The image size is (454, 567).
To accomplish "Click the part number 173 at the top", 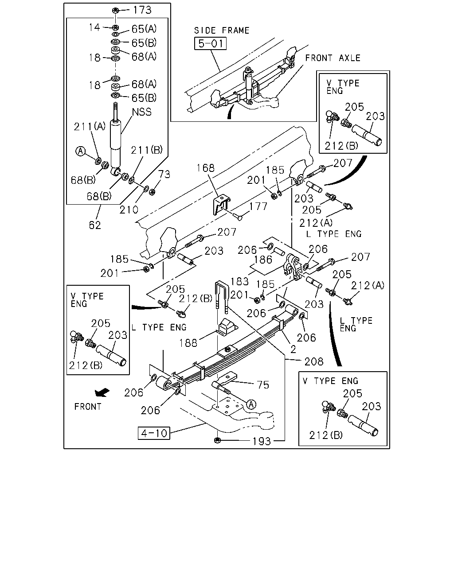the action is click(142, 10).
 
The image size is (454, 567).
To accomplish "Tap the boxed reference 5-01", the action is click(210, 43).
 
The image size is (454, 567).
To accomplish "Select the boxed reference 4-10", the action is click(154, 433).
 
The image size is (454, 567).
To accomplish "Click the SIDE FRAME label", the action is click(222, 31).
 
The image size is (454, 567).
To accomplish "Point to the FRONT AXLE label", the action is click(333, 58).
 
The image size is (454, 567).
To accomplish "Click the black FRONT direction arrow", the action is click(102, 392).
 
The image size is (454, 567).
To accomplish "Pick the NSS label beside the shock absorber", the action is click(142, 112).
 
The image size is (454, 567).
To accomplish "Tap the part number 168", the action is click(206, 168).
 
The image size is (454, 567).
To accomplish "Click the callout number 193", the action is click(262, 441).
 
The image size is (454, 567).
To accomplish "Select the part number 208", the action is click(313, 361).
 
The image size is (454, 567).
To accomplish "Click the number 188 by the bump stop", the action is click(188, 343).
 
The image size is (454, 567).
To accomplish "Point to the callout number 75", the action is click(263, 385).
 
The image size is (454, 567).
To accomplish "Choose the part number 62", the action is click(95, 225).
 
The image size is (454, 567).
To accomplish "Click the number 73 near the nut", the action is click(164, 174).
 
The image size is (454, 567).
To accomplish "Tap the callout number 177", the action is click(258, 206).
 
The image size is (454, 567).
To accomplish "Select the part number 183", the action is click(239, 281).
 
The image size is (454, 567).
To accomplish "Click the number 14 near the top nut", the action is click(94, 27).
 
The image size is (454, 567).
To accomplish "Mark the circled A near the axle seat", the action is click(251, 404).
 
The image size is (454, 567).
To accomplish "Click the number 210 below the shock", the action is click(129, 210).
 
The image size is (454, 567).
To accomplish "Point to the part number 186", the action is click(263, 260).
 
